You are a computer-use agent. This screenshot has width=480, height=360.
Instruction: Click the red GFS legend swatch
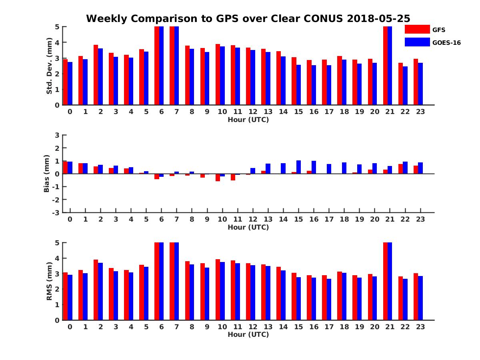point(417,29)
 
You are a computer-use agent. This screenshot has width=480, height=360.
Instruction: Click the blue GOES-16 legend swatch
point(417,42)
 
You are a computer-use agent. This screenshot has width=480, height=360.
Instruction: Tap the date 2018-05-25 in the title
point(382,18)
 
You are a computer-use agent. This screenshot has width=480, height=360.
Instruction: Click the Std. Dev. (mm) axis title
point(50,66)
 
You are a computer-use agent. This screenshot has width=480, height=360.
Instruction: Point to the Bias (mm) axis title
point(47,174)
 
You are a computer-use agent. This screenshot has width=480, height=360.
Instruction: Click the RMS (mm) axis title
point(50,282)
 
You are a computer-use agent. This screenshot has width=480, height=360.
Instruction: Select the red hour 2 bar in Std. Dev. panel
point(96,75)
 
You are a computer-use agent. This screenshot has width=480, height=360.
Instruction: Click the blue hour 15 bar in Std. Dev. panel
point(298,85)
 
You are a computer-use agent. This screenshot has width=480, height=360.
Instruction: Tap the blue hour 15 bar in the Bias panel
point(298,167)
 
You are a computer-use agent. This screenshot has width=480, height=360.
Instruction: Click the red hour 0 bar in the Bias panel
point(65,168)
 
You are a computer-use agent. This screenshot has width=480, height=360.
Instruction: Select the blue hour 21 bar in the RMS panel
point(390,281)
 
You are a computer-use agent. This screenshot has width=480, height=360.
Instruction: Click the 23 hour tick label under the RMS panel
point(421,326)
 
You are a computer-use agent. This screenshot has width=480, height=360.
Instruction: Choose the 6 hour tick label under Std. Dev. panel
point(161,112)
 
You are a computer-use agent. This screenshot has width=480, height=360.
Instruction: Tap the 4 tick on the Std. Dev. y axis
point(57,42)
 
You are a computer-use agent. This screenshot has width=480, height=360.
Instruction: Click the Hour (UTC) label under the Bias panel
point(248,227)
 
